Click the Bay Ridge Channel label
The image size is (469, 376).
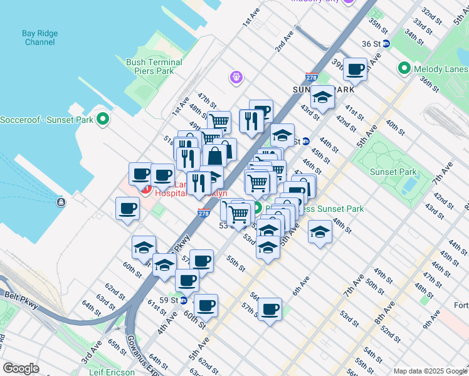click(x=40, y=38)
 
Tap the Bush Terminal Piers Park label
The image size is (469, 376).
click(x=154, y=66)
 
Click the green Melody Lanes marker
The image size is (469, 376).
click(x=404, y=68)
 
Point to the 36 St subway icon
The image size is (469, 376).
click(x=386, y=44)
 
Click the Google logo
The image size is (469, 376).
click(x=21, y=368)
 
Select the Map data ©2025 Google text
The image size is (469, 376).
click(x=430, y=371)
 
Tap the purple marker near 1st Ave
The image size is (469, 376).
click(x=236, y=78)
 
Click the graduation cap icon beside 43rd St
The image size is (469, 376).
click(x=322, y=97)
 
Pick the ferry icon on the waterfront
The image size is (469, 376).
click(x=61, y=202)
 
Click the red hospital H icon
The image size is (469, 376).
click(x=145, y=189)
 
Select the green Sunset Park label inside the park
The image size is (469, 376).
click(x=393, y=172)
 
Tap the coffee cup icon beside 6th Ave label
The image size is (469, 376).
click(x=270, y=309)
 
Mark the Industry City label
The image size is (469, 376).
click(x=315, y=1)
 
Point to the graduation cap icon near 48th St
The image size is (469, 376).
click(x=320, y=232)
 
